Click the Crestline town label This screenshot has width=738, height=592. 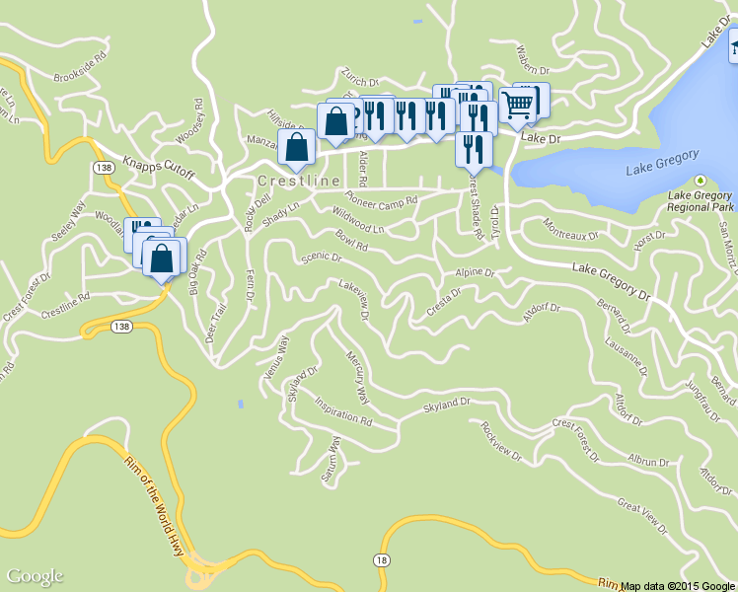pyautogui.click(x=299, y=182)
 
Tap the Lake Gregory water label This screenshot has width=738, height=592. pyautogui.click(x=662, y=163)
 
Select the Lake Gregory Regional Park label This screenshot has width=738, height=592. pyautogui.click(x=700, y=200)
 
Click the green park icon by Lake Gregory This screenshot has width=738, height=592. pyautogui.click(x=700, y=181)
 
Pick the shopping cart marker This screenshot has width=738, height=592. pyautogui.click(x=519, y=104)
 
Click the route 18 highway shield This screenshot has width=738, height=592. pyautogui.click(x=380, y=559)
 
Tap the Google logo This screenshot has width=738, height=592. pyautogui.click(x=35, y=576)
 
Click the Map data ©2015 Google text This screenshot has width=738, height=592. pyautogui.click(x=678, y=585)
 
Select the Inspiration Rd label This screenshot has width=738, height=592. pyautogui.click(x=342, y=411)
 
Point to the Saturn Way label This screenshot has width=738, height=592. pyautogui.click(x=331, y=460)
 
